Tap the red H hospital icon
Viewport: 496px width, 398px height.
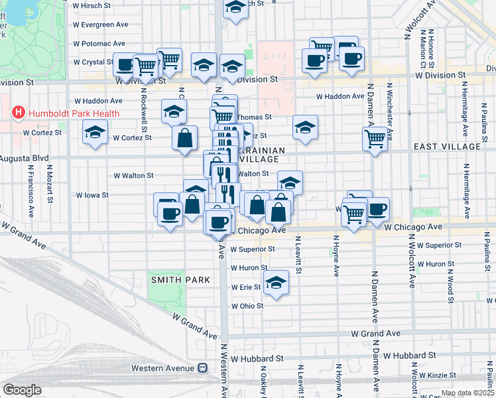(18, 113)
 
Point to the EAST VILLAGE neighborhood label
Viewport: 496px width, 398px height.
(446, 146)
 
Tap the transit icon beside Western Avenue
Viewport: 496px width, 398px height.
(203, 368)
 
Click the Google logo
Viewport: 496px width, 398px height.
(22, 390)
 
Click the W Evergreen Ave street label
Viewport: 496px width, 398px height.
(100, 24)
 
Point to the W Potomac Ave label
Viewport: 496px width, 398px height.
(95, 43)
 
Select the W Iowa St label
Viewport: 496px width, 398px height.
(92, 196)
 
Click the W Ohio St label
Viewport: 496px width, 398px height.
(247, 306)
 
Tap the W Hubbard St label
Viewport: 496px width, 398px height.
(261, 357)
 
